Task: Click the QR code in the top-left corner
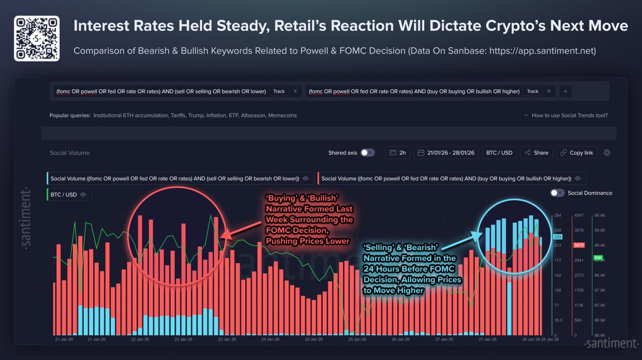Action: pos(36,39)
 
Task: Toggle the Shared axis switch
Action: pos(368,152)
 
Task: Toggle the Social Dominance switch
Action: pos(557,193)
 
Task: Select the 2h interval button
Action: pos(398,152)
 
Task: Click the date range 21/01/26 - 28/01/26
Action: pos(445,152)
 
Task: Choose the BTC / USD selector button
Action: pos(499,152)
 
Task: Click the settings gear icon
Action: pos(607,152)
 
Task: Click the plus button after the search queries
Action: pos(565,91)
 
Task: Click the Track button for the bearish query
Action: pos(279,91)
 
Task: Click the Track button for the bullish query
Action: pos(532,91)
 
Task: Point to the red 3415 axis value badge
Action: pos(579,245)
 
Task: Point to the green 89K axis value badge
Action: pos(598,258)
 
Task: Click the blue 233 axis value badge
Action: pos(557,236)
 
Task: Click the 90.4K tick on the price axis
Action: pos(599,216)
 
